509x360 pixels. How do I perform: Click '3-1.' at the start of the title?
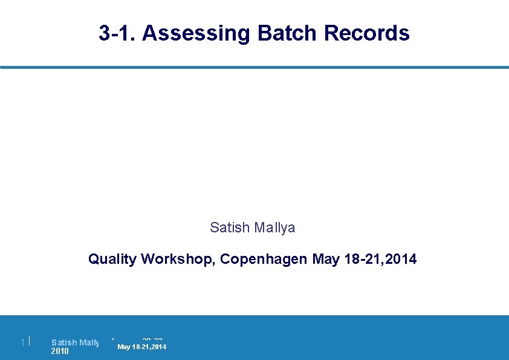pos(118,33)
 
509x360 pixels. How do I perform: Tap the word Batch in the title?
pos(287,33)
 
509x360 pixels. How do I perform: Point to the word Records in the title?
pos(367,33)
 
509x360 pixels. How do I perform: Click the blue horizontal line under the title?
pos(254,67)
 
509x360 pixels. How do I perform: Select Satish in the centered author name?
pos(229,227)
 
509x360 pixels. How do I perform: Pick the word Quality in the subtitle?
pos(112,260)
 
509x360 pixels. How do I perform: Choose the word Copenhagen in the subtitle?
pos(264,260)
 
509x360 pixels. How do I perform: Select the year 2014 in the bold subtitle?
pos(401,260)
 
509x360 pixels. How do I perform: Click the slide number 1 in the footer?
pos(22,343)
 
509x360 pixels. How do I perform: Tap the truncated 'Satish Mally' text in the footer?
pos(75,342)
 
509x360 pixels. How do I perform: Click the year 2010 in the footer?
pos(60,352)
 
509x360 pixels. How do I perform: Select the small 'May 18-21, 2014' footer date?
pos(141,347)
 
